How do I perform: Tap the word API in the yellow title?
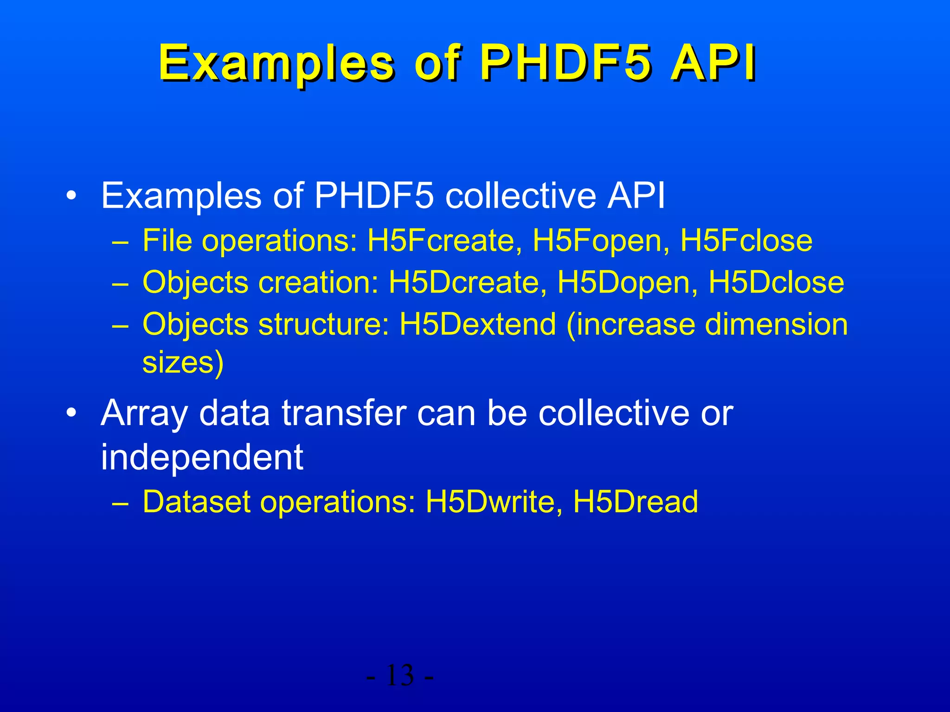click(713, 63)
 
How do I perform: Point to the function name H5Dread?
click(635, 502)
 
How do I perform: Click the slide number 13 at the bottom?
click(399, 675)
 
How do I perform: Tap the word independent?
click(202, 457)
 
